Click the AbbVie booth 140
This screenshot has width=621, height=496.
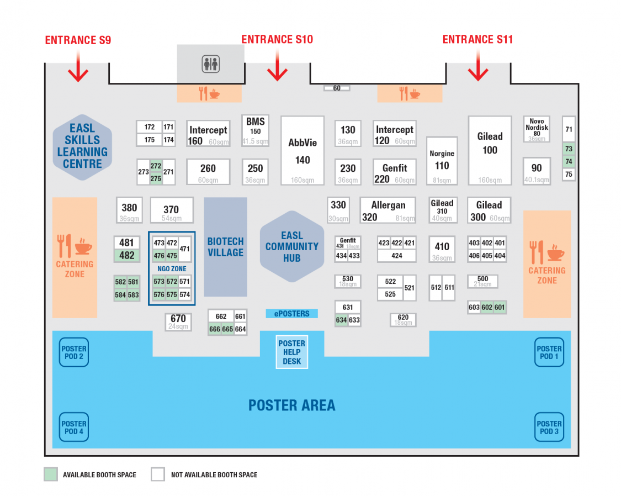tap(302, 150)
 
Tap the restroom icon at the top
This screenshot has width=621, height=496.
tap(210, 64)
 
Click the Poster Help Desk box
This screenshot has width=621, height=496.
tap(292, 352)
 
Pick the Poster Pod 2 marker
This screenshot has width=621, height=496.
tap(73, 352)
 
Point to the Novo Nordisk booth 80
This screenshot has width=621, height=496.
tap(537, 129)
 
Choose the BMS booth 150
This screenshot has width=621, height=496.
tap(255, 130)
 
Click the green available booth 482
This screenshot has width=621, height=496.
tap(127, 256)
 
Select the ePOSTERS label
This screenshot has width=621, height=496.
tap(292, 314)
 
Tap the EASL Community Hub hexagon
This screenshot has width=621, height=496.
tap(292, 246)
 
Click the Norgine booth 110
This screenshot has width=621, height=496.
tap(442, 160)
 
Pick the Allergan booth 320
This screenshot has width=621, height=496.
tap(388, 210)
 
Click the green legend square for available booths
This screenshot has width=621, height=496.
tap(51, 474)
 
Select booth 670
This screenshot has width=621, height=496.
tap(178, 321)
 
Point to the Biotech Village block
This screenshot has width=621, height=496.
tap(225, 247)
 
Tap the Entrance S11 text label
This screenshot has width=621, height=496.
tap(477, 40)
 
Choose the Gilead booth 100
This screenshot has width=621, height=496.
tap(490, 150)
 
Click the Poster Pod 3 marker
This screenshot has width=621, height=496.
tap(549, 428)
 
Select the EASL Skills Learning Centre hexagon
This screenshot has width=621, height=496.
tap(82, 146)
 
